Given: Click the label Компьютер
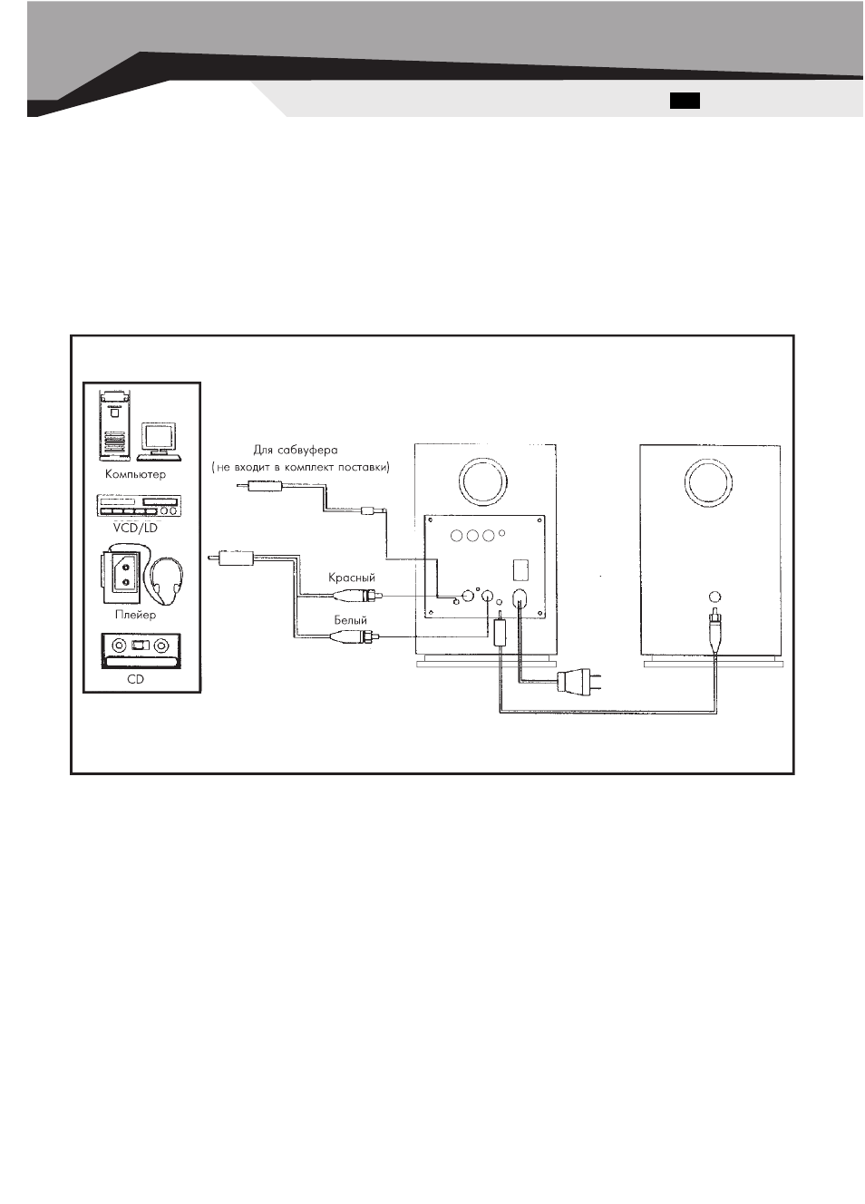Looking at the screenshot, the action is pyautogui.click(x=135, y=474).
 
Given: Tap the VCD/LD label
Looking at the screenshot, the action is pyautogui.click(x=135, y=528).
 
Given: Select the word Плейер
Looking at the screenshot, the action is pyautogui.click(x=135, y=615).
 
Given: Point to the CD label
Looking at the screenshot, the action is pyautogui.click(x=135, y=679).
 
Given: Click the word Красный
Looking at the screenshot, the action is pyautogui.click(x=352, y=578).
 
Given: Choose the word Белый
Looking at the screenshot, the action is pyautogui.click(x=351, y=620).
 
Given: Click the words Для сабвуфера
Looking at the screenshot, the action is pyautogui.click(x=296, y=450).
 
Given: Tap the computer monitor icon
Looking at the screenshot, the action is pyautogui.click(x=160, y=442).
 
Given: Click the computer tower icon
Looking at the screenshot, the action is pyautogui.click(x=114, y=425).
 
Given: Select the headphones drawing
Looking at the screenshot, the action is pyautogui.click(x=166, y=577).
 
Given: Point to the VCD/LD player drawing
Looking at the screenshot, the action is pyautogui.click(x=139, y=506).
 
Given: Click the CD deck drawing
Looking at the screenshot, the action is pyautogui.click(x=141, y=650).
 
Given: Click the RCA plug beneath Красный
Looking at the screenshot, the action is pyautogui.click(x=356, y=596).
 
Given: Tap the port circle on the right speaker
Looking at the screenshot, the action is pyautogui.click(x=708, y=482).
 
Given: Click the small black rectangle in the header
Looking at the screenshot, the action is pyautogui.click(x=685, y=101).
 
